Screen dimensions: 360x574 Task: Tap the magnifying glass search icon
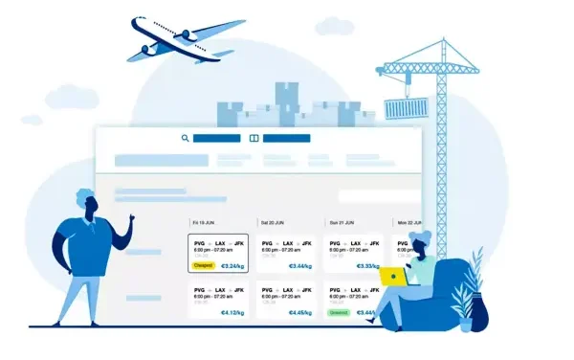(186, 138)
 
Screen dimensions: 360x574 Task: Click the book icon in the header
(254, 138)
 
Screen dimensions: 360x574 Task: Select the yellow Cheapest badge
(203, 266)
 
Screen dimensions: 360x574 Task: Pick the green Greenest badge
(338, 312)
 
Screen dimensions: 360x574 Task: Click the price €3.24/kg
(232, 266)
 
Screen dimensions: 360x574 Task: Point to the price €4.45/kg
(300, 312)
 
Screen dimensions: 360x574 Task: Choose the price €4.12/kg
(232, 312)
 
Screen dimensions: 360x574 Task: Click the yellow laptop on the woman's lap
(393, 277)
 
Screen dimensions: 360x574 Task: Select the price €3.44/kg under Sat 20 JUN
(300, 266)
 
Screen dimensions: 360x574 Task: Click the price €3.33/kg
(367, 266)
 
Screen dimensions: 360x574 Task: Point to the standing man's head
(85, 204)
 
